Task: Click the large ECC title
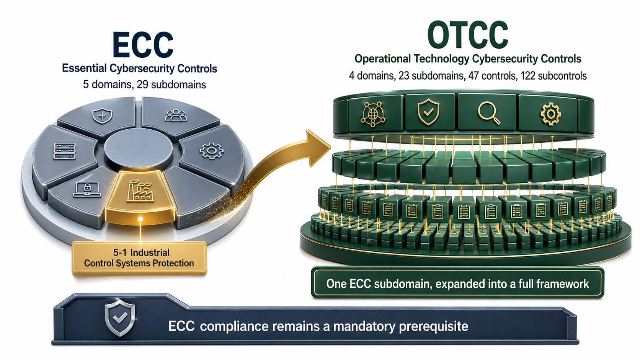[142, 44]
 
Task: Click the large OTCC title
[468, 34]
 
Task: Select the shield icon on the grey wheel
[102, 116]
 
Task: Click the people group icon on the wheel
[176, 116]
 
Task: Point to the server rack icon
[65, 151]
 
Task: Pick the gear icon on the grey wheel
[211, 150]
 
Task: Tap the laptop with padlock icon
[87, 189]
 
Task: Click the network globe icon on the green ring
[374, 114]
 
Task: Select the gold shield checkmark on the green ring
[428, 112]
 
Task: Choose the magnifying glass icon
[489, 114]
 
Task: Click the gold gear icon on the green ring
[550, 114]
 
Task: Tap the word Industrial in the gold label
[150, 252]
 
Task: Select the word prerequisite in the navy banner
[433, 326]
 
